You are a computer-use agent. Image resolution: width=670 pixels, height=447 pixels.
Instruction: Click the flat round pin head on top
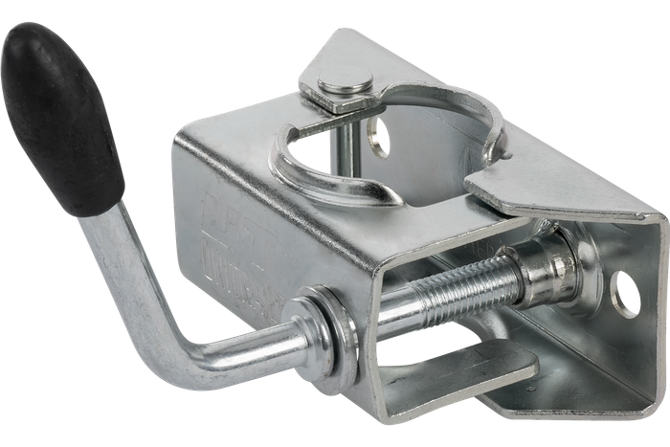[345, 88]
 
